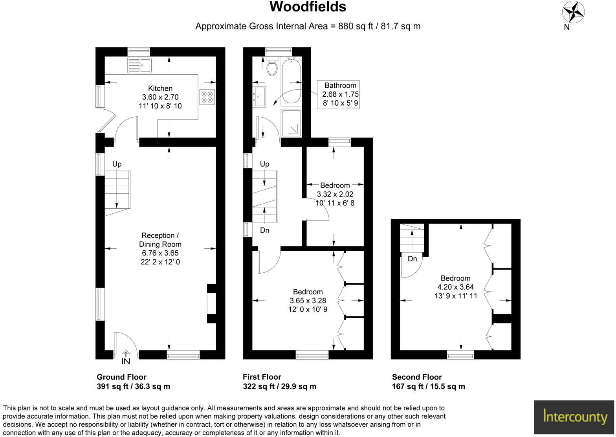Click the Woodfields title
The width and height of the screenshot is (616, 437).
point(308,7)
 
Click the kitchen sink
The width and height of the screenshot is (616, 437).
point(139,65)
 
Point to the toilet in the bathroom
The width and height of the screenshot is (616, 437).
point(271,68)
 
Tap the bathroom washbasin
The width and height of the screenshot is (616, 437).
point(260,96)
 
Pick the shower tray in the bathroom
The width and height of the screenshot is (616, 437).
point(291,123)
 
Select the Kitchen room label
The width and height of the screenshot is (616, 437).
point(160,88)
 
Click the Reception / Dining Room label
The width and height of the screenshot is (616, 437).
point(160,240)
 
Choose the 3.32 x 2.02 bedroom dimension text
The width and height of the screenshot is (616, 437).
point(335,194)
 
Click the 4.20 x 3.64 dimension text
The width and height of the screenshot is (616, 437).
point(455,287)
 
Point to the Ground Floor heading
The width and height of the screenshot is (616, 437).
point(121,377)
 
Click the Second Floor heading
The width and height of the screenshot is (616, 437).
point(417,377)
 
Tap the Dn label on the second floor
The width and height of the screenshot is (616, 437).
point(412,259)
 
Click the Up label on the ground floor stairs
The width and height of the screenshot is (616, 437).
point(117,164)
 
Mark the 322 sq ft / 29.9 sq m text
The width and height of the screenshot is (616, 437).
point(279,386)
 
